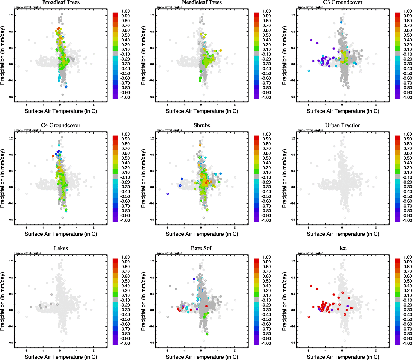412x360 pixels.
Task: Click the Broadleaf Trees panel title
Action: (61, 2)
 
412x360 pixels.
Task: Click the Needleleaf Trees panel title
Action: (202, 2)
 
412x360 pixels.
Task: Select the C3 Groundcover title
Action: (343, 2)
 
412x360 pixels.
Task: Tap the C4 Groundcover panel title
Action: (61, 125)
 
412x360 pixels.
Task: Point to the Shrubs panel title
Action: (202, 125)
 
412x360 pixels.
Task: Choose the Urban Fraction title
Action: (343, 125)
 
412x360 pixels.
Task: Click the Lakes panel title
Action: (61, 248)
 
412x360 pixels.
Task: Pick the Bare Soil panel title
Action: (202, 248)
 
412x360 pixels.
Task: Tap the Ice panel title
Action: (343, 248)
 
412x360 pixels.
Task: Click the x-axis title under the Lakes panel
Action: (61, 357)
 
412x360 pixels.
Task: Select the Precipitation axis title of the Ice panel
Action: (285, 301)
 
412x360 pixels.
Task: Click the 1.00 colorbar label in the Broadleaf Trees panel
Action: (125, 11)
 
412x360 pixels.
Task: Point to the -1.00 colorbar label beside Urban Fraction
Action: (407, 220)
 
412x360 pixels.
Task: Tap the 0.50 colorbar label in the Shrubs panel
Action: (267, 158)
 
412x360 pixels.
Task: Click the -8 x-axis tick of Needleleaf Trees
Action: (167, 105)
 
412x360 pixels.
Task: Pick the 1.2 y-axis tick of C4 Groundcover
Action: (11, 138)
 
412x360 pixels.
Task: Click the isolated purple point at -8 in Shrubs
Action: (167, 194)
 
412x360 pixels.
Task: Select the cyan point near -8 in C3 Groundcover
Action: (308, 71)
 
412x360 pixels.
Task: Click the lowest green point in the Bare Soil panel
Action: (207, 334)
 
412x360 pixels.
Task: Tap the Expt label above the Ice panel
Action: (310, 253)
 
